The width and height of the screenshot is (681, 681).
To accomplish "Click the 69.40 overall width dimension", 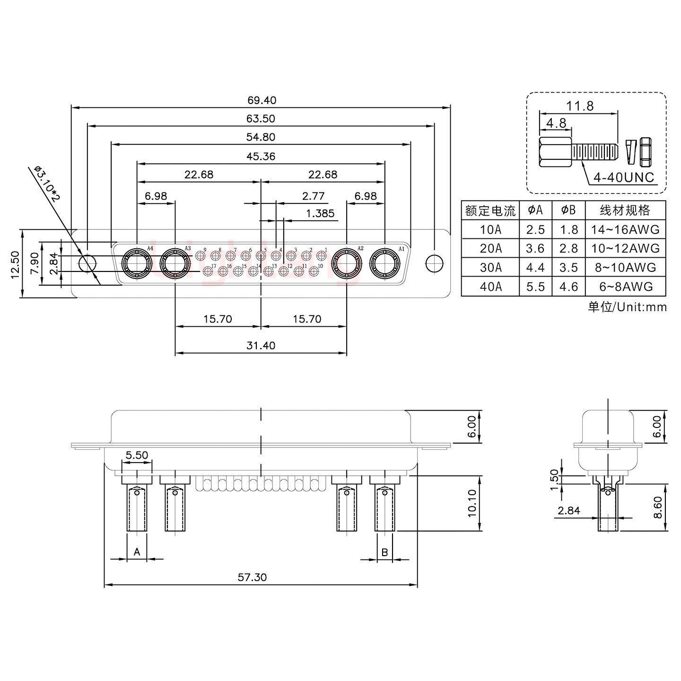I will (x=262, y=100).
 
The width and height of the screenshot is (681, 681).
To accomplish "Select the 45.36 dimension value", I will (x=261, y=156).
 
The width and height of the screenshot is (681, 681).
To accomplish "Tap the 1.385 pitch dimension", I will (x=320, y=213).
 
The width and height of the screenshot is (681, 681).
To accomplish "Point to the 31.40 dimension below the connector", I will (x=261, y=346).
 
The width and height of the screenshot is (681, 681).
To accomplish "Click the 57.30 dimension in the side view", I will (x=252, y=577).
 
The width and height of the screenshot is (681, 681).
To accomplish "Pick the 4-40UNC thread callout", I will (x=624, y=178).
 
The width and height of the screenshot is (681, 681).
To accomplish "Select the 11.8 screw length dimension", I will (x=580, y=106).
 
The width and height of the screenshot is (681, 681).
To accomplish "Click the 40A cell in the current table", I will (x=490, y=287).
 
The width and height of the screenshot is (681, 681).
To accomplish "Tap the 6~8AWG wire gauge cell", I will (x=625, y=287).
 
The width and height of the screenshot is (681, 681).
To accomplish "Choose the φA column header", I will (x=535, y=210).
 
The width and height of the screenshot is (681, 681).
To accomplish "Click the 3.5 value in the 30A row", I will (x=568, y=268).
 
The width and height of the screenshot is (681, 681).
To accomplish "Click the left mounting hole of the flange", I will (x=87, y=263).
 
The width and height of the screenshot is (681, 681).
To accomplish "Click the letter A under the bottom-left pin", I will (x=137, y=552).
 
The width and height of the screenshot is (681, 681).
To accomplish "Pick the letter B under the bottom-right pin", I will (x=384, y=552).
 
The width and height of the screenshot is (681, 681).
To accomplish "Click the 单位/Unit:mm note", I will (x=627, y=307).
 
